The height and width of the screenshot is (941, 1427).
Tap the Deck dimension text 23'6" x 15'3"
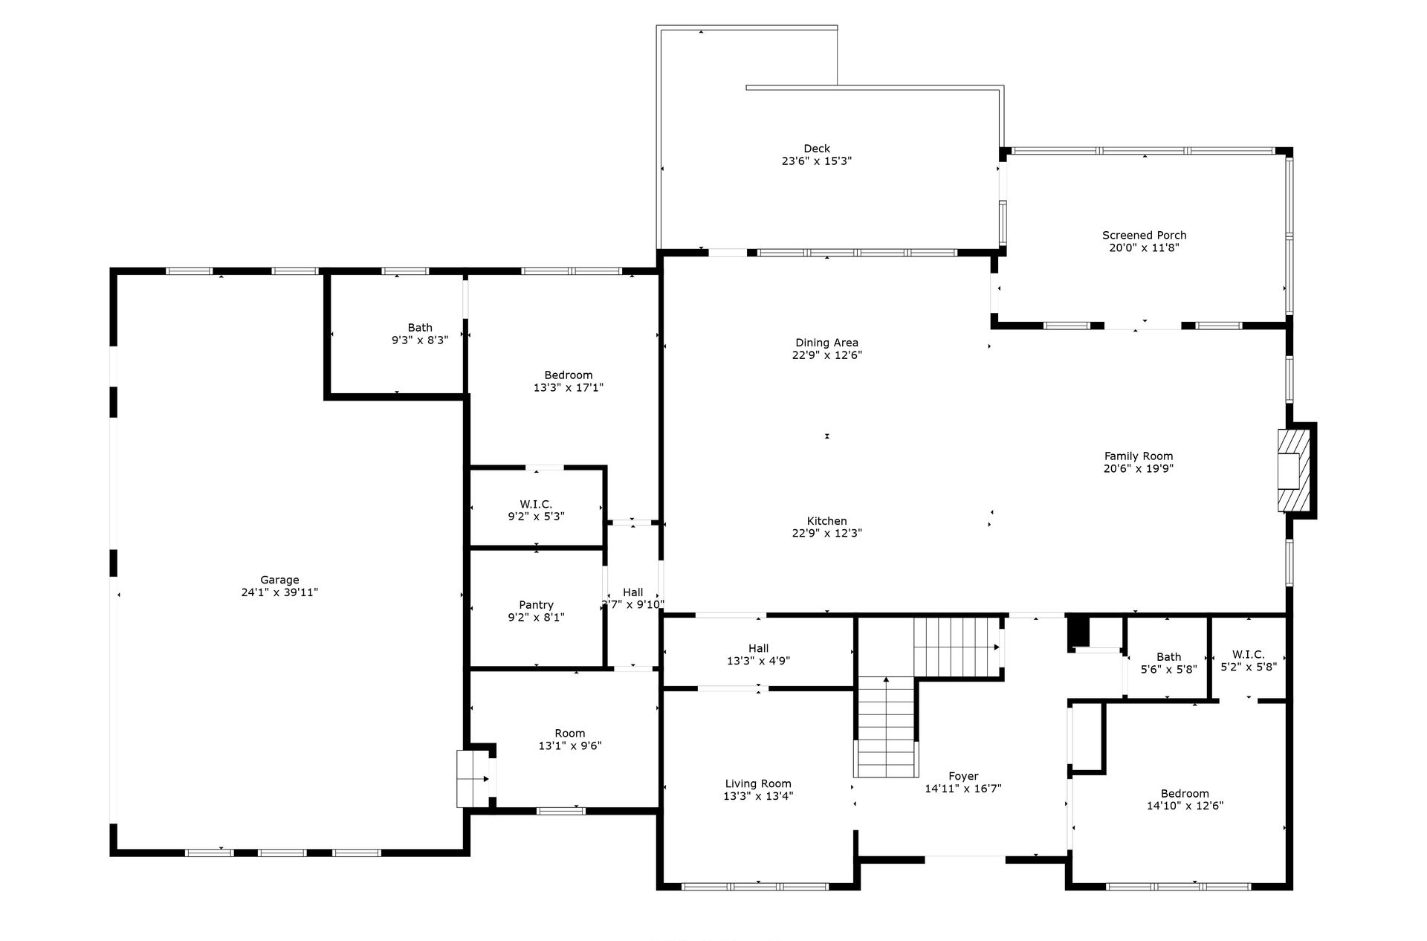pos(816,161)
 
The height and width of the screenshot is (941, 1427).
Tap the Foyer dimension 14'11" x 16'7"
pos(963,789)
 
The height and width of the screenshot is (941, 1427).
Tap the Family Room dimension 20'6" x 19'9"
pos(1139,468)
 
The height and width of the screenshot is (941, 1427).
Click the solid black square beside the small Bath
pos(1078,633)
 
